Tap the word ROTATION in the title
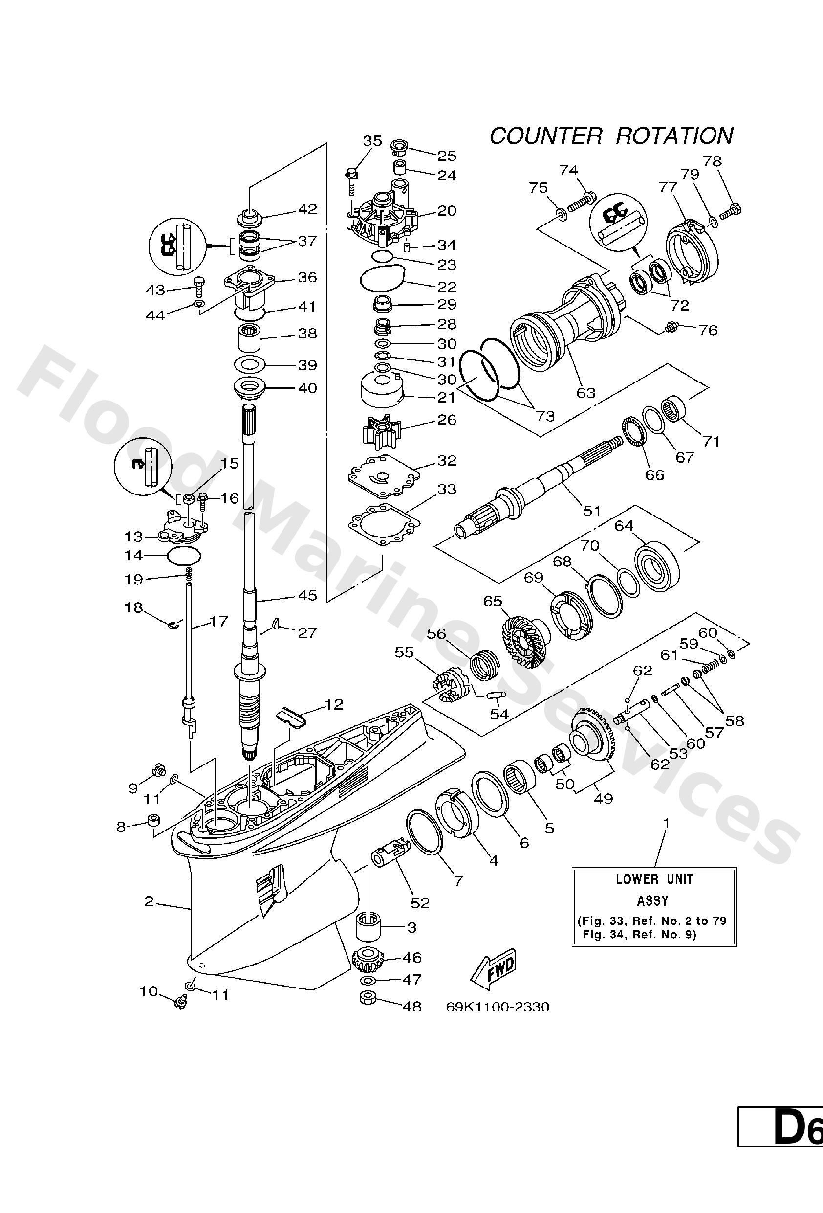[674, 136]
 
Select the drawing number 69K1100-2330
[498, 1006]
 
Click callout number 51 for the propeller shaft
[591, 511]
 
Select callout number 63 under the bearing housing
[585, 392]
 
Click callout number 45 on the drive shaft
[307, 595]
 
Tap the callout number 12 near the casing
[334, 705]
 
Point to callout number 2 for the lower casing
[149, 901]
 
